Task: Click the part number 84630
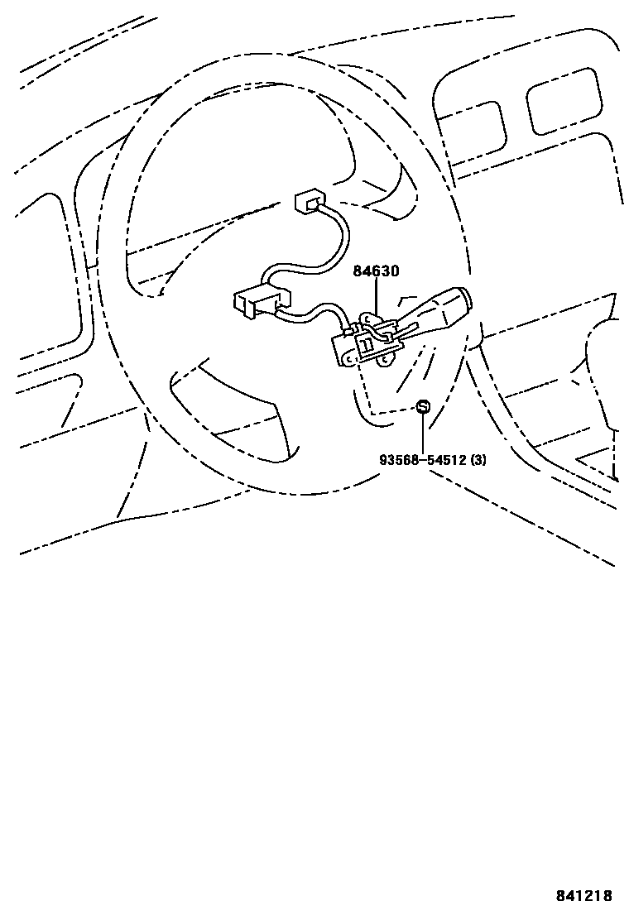coord(377,271)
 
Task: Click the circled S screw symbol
coord(423,406)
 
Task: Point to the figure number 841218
coord(583,895)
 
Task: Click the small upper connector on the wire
coord(309,200)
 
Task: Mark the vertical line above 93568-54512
coord(423,433)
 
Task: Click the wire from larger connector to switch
coord(319,312)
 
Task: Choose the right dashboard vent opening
coord(564,100)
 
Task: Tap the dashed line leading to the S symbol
coord(389,411)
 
